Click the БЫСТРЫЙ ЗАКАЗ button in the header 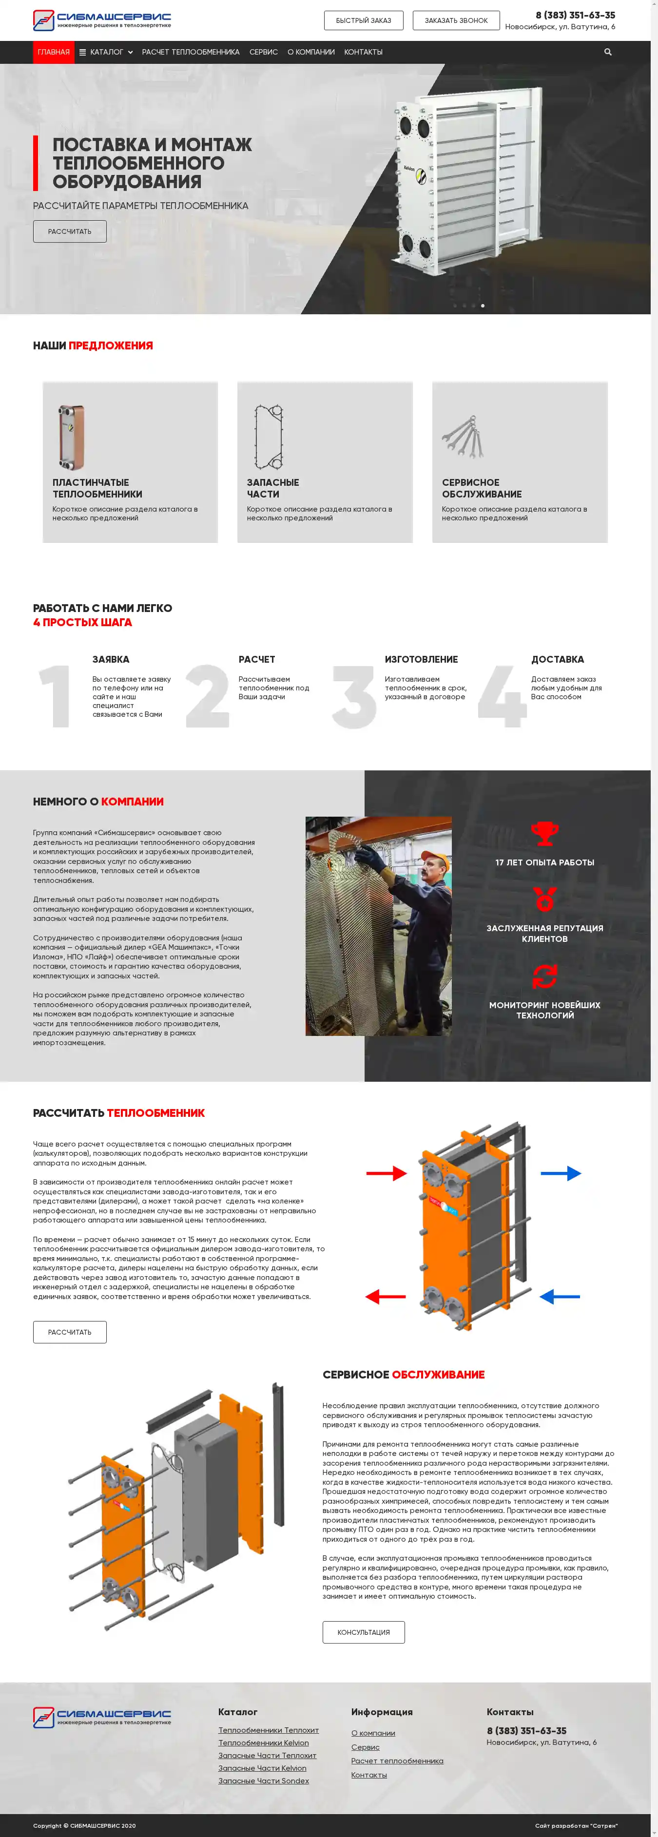click(363, 20)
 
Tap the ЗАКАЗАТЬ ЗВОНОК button click(456, 20)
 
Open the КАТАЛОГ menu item click(106, 52)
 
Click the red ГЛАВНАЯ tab click(54, 52)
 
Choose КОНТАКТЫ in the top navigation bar click(363, 52)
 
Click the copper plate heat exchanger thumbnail click(71, 437)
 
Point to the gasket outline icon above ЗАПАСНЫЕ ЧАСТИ click(269, 437)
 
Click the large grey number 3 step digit click(354, 697)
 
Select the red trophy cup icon click(544, 833)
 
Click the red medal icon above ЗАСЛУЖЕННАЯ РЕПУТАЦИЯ click(544, 899)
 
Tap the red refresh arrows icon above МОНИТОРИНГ click(544, 976)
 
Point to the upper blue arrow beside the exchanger click(561, 1173)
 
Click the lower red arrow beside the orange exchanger click(386, 1297)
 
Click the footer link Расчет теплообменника click(397, 1760)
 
